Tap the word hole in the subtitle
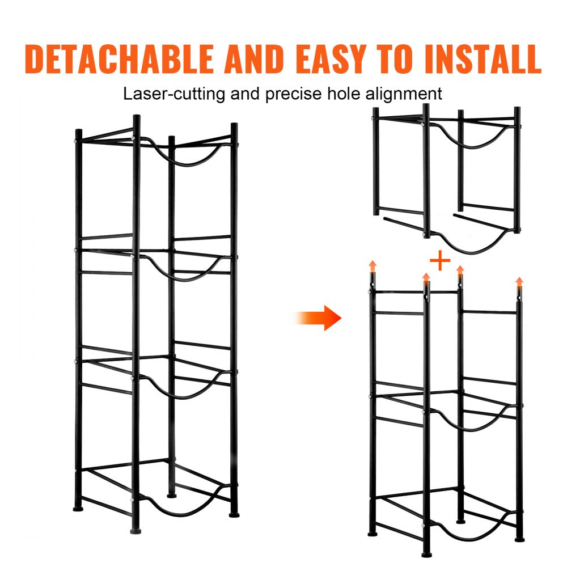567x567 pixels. tap(348, 94)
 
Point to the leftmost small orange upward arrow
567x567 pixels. tap(372, 265)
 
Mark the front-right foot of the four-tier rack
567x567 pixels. tap(234, 514)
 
